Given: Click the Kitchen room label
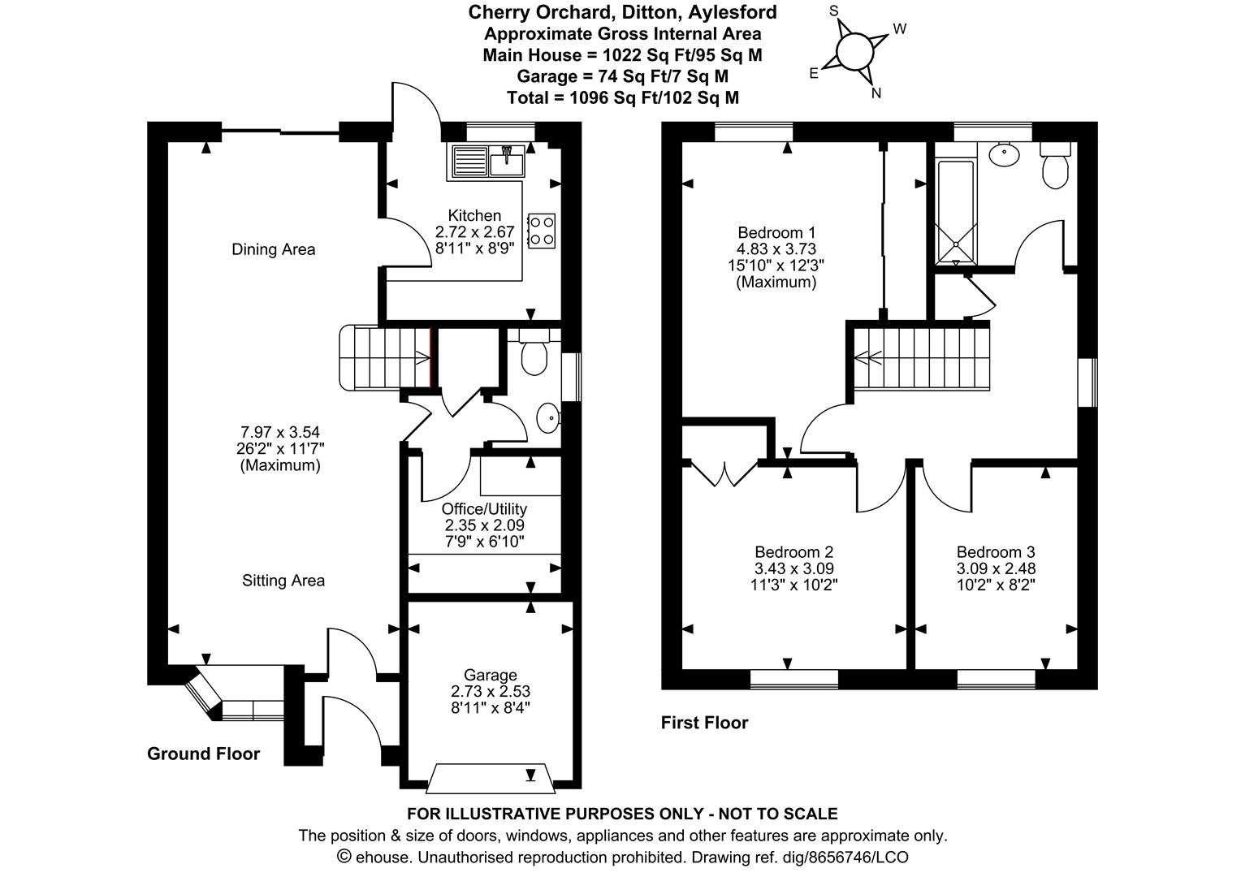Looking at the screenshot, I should pyautogui.click(x=475, y=215).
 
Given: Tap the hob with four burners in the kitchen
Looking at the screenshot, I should pyautogui.click(x=542, y=230).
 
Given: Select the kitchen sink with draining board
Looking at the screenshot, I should pyautogui.click(x=486, y=161).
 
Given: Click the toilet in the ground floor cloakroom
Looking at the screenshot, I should pyautogui.click(x=534, y=355).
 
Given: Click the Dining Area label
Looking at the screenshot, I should pyautogui.click(x=273, y=249).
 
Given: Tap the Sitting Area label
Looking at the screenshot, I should pyautogui.click(x=283, y=581).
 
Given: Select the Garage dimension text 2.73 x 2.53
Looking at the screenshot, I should pyautogui.click(x=491, y=691).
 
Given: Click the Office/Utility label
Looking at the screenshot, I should pyautogui.click(x=484, y=509).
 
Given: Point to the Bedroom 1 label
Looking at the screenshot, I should pyautogui.click(x=776, y=231).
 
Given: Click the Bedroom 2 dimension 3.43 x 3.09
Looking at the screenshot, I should pyautogui.click(x=793, y=568).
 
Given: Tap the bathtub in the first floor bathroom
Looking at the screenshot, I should pyautogui.click(x=955, y=211).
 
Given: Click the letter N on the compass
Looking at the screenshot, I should pyautogui.click(x=876, y=93).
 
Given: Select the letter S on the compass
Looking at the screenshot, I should pyautogui.click(x=832, y=11).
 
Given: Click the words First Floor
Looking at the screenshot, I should pyautogui.click(x=704, y=723).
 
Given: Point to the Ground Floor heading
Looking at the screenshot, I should pyautogui.click(x=203, y=754).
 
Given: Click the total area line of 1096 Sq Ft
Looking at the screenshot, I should pyautogui.click(x=622, y=97).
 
